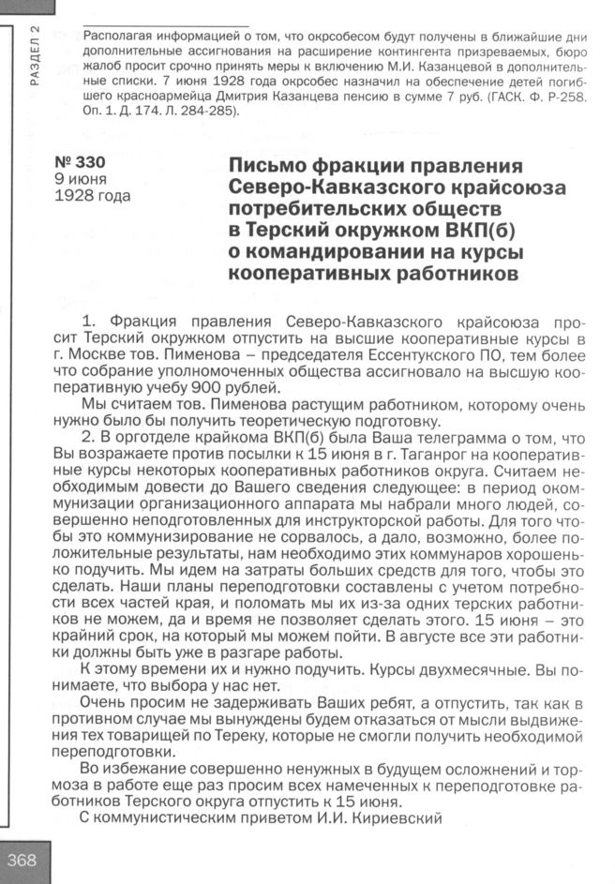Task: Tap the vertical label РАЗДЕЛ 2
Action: click(36, 55)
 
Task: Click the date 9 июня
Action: click(81, 178)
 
